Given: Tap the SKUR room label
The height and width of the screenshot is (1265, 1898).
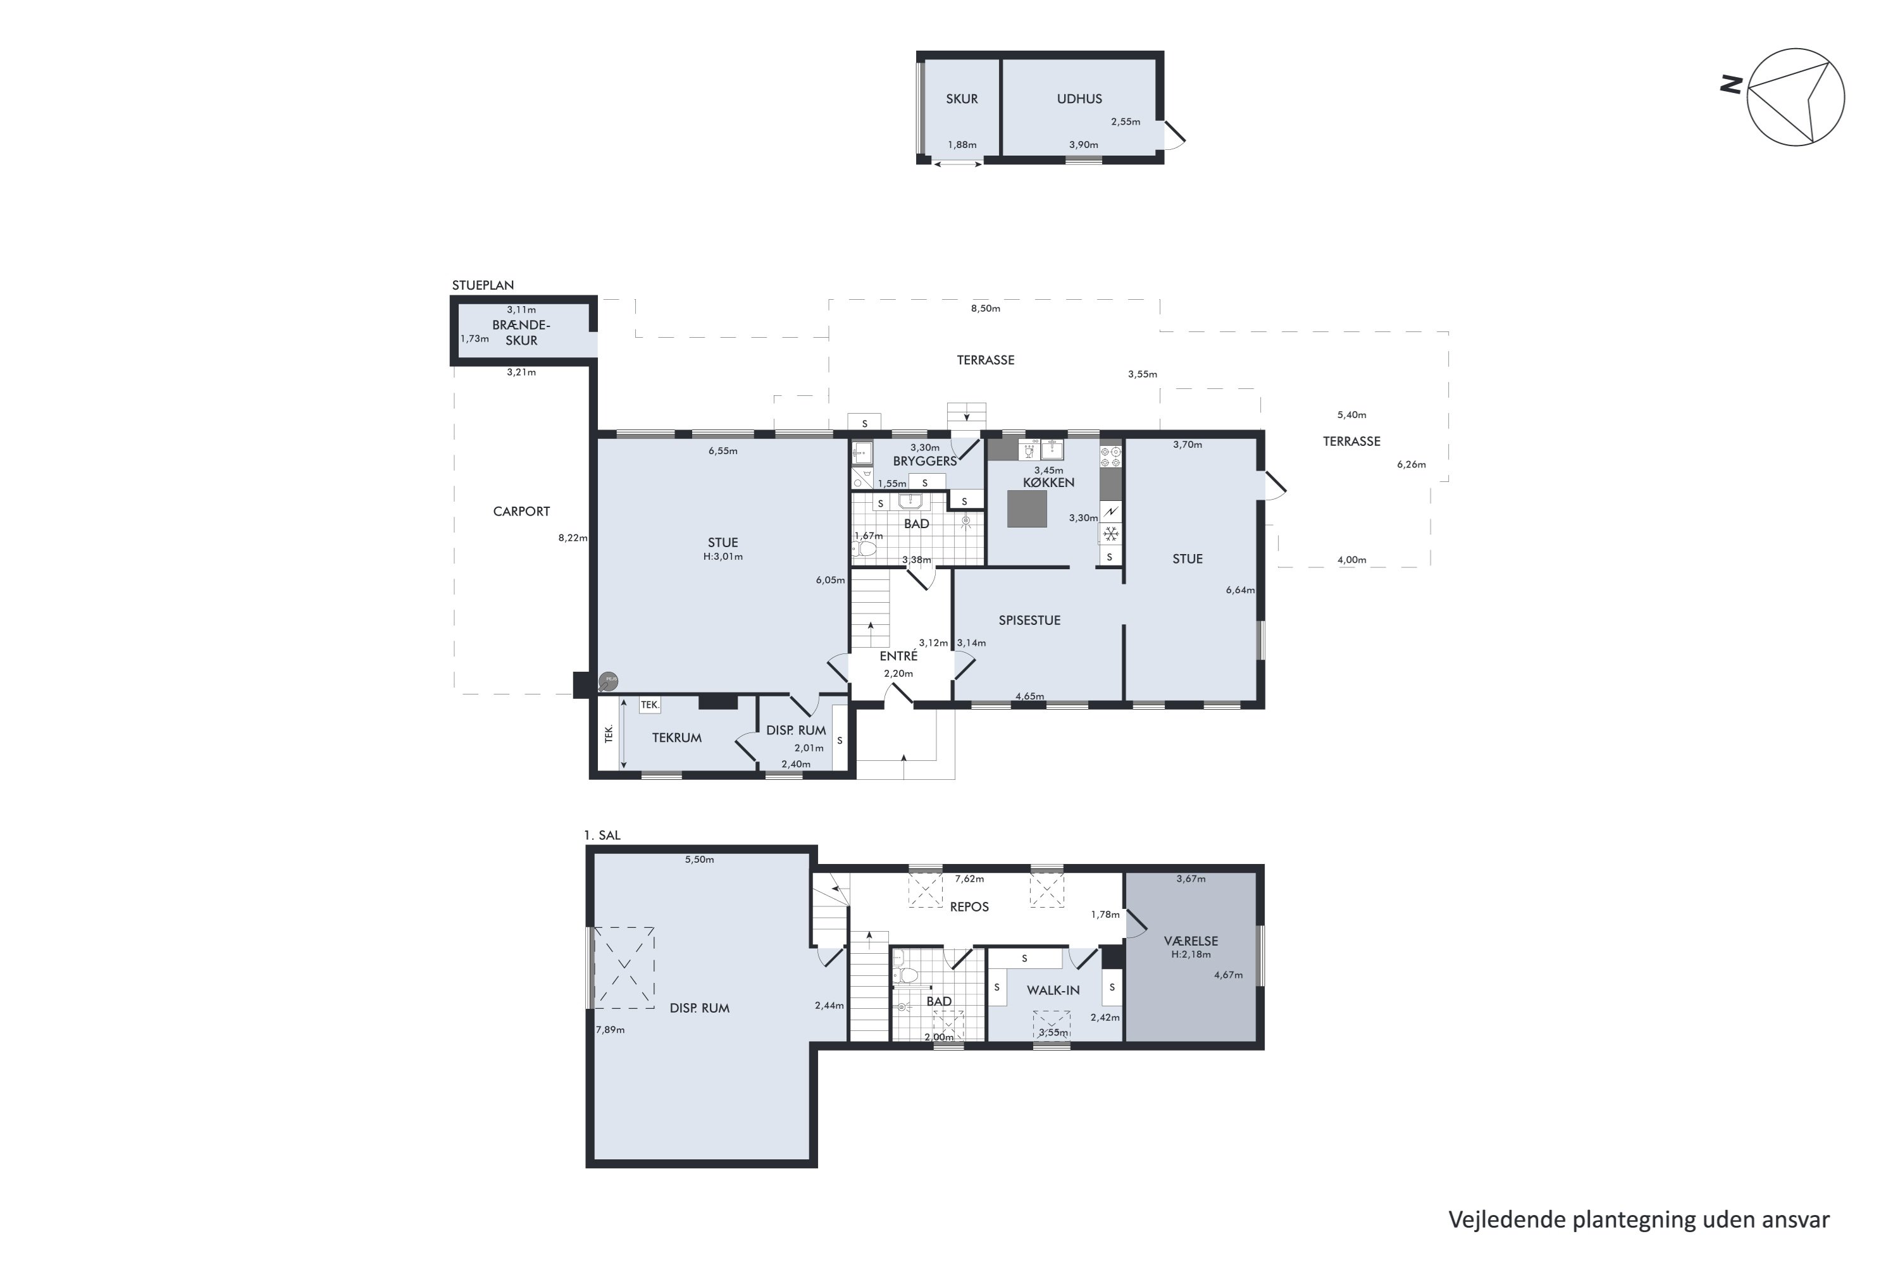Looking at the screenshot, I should (961, 99).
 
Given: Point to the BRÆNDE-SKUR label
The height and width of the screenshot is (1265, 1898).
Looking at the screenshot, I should (521, 333).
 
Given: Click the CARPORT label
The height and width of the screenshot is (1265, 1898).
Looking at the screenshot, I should (521, 512).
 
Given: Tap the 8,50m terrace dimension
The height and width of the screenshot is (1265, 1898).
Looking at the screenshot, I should (984, 308).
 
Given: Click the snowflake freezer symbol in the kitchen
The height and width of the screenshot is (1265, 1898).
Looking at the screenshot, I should (1110, 534).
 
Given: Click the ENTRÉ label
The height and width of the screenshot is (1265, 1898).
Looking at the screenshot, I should (898, 657).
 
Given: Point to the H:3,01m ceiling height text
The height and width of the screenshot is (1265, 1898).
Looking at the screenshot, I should (723, 557).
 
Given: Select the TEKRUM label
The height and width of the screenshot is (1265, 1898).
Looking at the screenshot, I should (676, 737).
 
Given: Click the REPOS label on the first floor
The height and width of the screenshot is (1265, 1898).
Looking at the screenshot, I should (969, 907).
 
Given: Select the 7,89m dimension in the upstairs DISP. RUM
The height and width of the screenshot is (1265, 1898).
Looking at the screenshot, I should (610, 1030).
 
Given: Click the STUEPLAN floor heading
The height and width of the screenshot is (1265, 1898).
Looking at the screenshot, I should (483, 285).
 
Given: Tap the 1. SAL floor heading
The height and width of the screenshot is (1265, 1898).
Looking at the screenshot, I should (602, 835).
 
